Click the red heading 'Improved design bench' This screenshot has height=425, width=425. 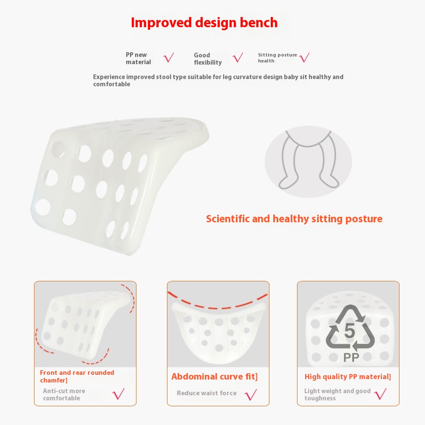pos(204,23)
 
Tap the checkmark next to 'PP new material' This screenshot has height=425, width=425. pos(169,57)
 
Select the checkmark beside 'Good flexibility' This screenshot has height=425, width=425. pos(238,57)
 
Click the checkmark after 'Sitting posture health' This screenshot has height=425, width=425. pos(304,57)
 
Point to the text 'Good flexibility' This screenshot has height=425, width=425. pos(208,59)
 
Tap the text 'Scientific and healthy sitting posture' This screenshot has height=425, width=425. pos(294,219)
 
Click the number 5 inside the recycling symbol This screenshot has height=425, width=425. pos(350,331)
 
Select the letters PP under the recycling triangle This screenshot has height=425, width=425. pos(351,357)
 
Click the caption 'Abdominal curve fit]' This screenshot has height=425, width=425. pos(214,377)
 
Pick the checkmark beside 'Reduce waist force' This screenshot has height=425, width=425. pos(250,394)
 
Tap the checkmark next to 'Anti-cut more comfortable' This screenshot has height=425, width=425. pos(119,394)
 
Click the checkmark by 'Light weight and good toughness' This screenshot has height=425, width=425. pos(380,394)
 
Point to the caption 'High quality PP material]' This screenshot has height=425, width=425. pos(348,377)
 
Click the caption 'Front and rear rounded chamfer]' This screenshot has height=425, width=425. pos(77,377)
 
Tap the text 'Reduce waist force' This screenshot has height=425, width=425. pos(207,393)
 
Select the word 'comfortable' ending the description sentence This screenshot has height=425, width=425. pos(112,84)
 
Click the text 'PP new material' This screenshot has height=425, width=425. pos(138,58)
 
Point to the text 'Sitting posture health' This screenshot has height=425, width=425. pos(278,58)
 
